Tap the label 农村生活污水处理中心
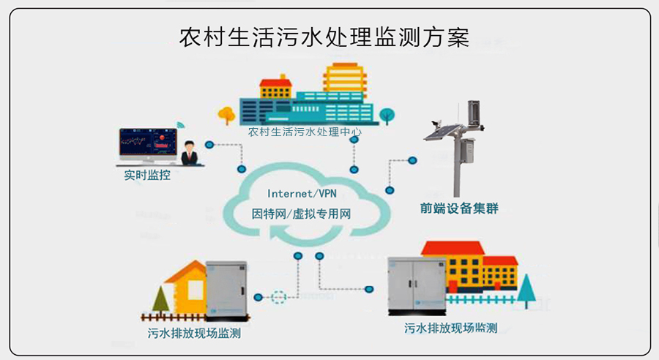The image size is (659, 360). (x=305, y=133)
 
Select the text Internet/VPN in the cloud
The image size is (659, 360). (x=301, y=194)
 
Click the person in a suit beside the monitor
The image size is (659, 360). (x=190, y=154)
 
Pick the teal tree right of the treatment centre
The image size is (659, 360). (x=386, y=115)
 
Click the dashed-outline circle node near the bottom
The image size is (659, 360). (x=278, y=297)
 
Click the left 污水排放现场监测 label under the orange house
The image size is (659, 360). (x=195, y=334)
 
